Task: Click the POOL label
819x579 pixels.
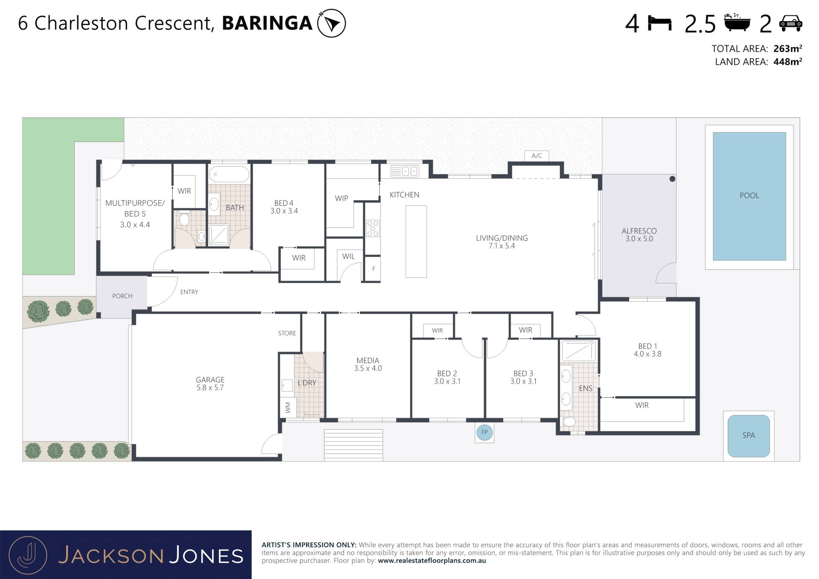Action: (x=749, y=195)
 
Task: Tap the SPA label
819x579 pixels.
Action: (x=749, y=435)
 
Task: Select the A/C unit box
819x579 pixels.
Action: (x=537, y=156)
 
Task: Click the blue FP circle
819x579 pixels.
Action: (x=485, y=432)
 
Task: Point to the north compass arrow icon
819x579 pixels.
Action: (x=331, y=23)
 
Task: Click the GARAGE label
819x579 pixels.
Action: (x=210, y=380)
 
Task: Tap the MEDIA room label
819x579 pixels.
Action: (x=368, y=361)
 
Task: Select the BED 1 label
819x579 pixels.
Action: (x=648, y=346)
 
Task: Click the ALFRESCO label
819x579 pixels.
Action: (x=639, y=231)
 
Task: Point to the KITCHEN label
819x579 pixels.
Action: (x=404, y=195)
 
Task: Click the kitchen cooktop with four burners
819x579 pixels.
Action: (x=373, y=228)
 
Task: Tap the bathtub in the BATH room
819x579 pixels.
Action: (x=229, y=175)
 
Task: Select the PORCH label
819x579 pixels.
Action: (x=122, y=296)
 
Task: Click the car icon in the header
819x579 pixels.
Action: (x=790, y=23)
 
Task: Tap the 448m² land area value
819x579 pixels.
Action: (x=787, y=62)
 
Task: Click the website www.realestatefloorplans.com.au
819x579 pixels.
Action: (x=432, y=561)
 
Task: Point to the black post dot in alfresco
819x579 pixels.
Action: (x=672, y=179)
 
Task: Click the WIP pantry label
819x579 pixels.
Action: (x=341, y=198)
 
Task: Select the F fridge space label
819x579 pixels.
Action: (x=374, y=269)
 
